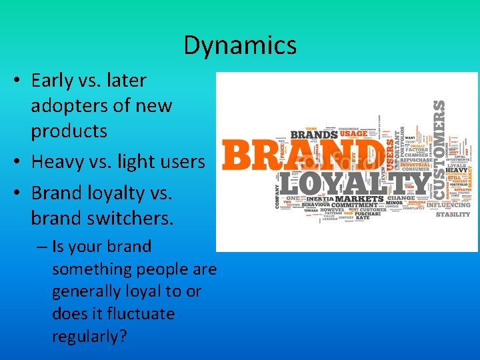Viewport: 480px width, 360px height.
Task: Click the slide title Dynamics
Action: (x=240, y=45)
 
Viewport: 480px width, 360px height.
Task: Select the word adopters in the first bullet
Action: (x=72, y=105)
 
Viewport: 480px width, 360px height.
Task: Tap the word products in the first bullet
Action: (x=69, y=131)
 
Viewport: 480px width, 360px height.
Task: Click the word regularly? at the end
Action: (x=89, y=336)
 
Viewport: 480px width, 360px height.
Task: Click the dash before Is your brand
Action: (x=41, y=247)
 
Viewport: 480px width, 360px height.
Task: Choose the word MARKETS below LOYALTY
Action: (x=360, y=199)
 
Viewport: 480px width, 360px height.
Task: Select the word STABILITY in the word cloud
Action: (x=453, y=215)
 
